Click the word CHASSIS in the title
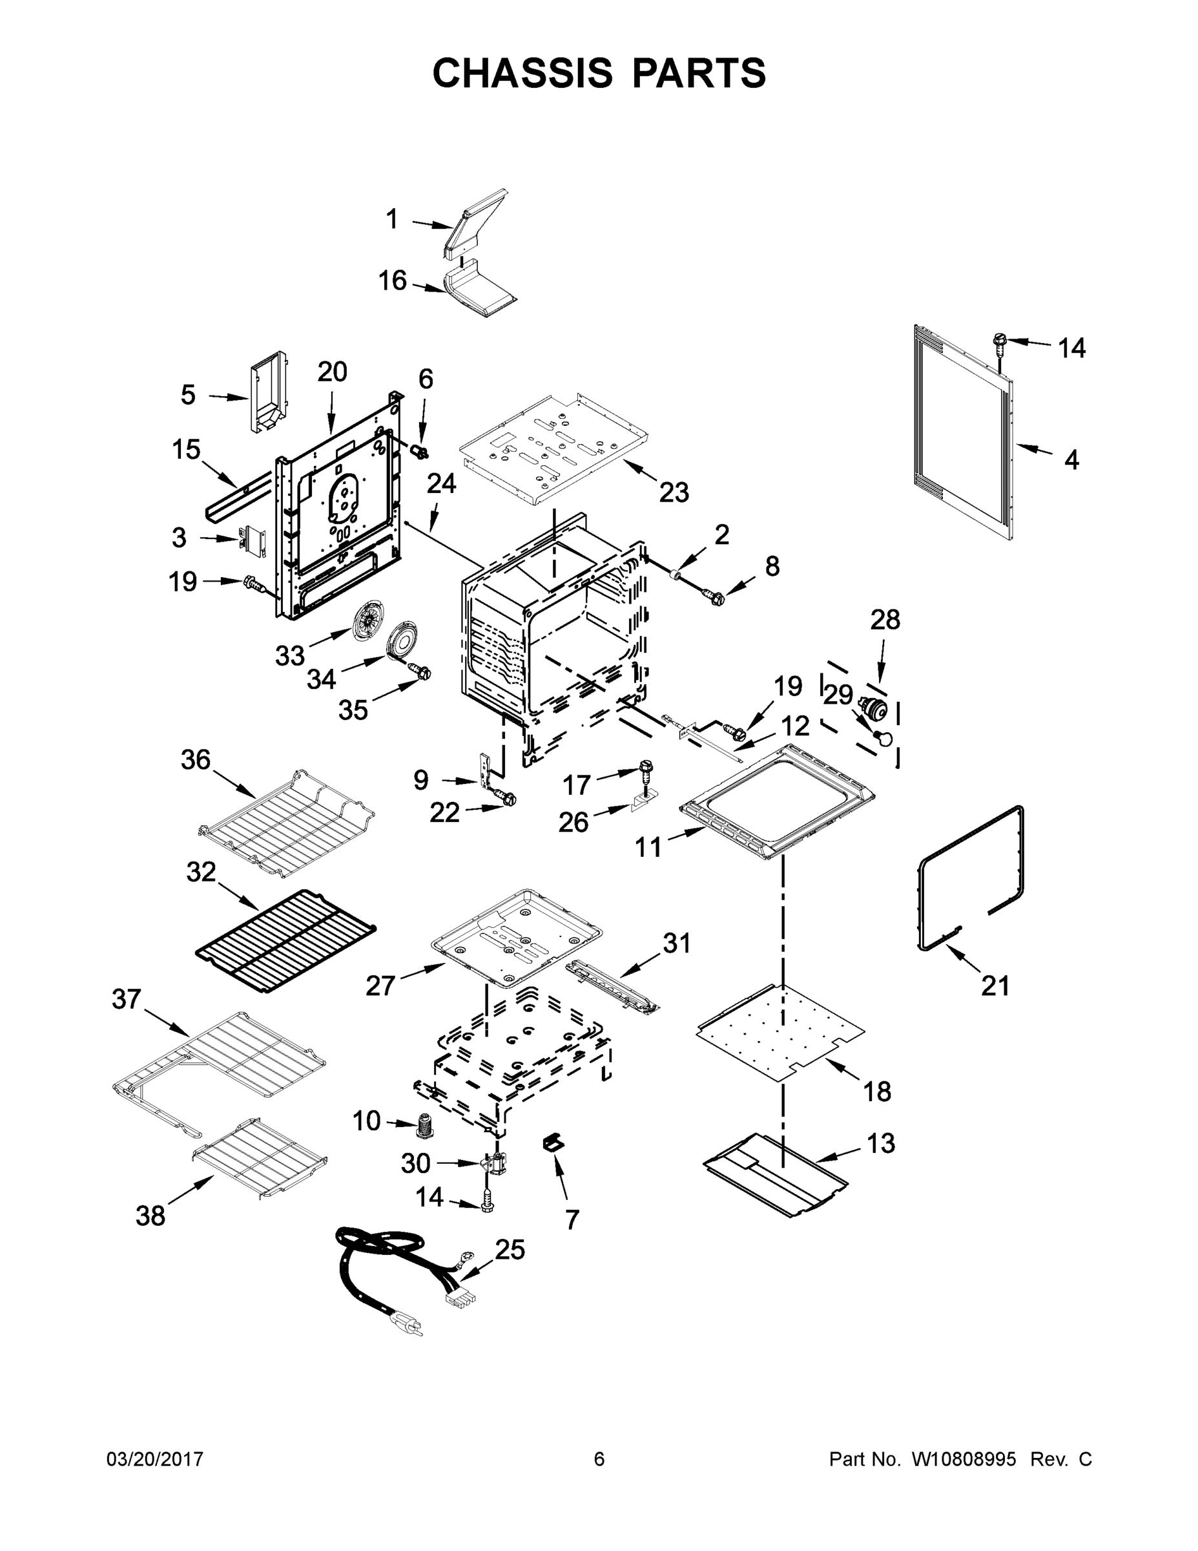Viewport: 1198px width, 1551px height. [522, 73]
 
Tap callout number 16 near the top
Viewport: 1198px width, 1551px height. [393, 280]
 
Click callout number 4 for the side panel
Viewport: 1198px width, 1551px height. [1071, 460]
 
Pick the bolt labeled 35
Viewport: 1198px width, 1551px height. [421, 670]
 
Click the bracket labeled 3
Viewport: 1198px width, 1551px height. [252, 540]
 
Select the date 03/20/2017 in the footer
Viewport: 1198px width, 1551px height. [155, 1459]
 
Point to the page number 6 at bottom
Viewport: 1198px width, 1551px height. [599, 1459]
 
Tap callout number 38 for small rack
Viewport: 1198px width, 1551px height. [150, 1216]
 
